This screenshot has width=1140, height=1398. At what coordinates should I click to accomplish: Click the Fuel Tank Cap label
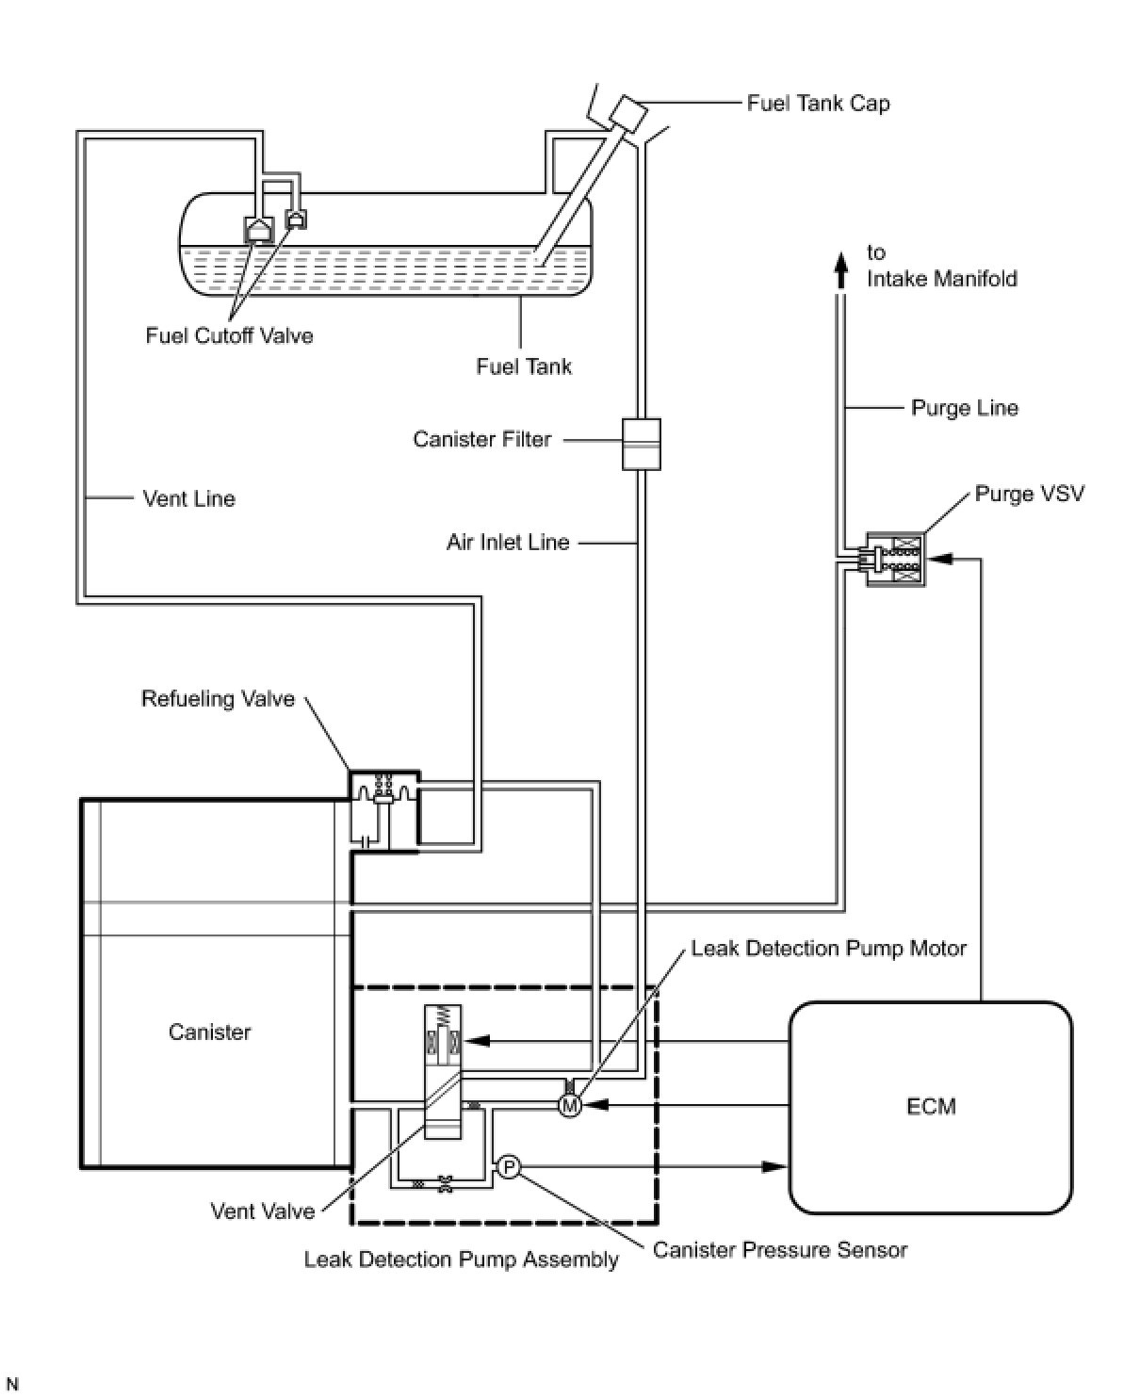[x=818, y=104]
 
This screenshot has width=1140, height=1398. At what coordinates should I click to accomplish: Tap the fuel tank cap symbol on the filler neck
[x=627, y=113]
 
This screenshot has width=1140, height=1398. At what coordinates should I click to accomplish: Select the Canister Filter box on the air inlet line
[x=641, y=444]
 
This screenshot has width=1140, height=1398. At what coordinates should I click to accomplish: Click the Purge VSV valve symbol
[x=895, y=560]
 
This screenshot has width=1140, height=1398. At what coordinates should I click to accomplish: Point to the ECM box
[x=930, y=1107]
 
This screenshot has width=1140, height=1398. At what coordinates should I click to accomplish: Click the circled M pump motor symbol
[x=570, y=1106]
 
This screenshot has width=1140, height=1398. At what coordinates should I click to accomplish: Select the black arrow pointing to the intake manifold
[x=840, y=270]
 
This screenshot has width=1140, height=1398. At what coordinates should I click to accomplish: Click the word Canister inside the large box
[x=209, y=1032]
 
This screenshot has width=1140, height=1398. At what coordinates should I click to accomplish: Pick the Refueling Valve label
[x=218, y=699]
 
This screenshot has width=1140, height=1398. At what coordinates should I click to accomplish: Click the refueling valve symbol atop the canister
[x=384, y=811]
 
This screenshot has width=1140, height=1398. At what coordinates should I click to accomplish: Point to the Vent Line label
[x=188, y=498]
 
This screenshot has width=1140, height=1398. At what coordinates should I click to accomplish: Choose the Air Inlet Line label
[x=508, y=543]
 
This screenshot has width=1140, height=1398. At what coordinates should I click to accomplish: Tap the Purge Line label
[x=965, y=408]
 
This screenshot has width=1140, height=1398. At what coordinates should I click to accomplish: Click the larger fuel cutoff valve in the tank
[x=258, y=229]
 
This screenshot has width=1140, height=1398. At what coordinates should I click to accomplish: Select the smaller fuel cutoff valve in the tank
[x=296, y=219]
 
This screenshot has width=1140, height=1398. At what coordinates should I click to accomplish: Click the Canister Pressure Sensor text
[x=780, y=1250]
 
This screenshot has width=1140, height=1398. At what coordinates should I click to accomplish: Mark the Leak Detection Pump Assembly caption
[x=462, y=1260]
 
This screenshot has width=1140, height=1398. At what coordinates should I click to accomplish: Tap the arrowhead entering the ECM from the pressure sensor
[x=774, y=1166]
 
